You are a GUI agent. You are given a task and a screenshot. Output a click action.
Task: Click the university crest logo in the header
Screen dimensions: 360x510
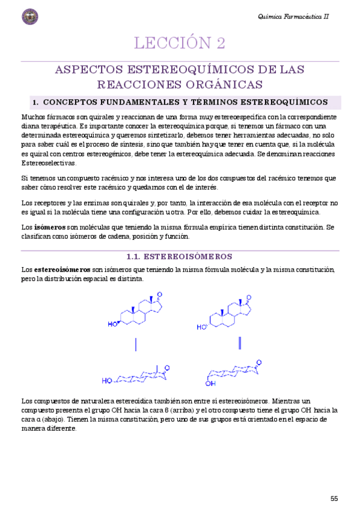point(29,17)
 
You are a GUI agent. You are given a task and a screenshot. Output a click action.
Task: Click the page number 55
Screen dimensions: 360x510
point(334,498)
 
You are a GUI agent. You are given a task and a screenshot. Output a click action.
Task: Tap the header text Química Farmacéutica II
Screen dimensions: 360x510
point(293,17)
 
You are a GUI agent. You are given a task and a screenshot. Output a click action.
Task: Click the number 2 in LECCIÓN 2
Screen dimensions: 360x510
point(221,43)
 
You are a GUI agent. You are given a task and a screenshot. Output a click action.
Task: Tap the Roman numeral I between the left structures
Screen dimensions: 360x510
point(136,344)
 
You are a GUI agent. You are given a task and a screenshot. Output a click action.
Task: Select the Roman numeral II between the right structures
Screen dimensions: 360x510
point(240,343)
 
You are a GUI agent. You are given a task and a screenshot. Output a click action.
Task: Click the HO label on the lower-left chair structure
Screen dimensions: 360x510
point(106,380)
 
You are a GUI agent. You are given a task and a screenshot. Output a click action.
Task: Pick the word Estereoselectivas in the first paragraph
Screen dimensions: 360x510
point(49,163)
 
